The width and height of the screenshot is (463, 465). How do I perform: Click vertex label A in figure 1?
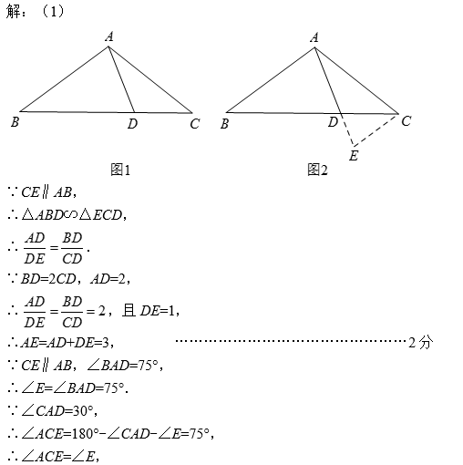[x=109, y=36]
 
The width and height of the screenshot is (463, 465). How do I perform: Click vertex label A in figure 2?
[x=314, y=37]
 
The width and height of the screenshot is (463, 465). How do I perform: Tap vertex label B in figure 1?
[x=15, y=122]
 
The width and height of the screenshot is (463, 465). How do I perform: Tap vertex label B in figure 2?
[x=224, y=124]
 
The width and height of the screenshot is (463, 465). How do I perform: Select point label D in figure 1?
[x=132, y=124]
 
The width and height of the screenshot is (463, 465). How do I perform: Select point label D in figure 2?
[x=333, y=122]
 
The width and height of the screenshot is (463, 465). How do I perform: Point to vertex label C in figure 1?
[x=195, y=124]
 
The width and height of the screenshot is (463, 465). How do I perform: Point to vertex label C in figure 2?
[x=406, y=121]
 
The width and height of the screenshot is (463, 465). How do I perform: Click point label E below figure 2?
[x=354, y=156]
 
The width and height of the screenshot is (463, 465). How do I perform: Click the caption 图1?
[x=120, y=170]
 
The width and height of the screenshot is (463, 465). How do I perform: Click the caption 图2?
[x=317, y=170]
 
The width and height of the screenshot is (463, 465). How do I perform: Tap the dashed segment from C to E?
[x=376, y=130]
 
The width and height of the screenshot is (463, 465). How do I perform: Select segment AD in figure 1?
[x=121, y=79]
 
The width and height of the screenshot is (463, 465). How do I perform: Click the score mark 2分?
[x=421, y=343]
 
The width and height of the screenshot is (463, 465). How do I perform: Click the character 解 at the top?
[x=14, y=12]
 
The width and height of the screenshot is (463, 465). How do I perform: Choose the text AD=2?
[x=108, y=279]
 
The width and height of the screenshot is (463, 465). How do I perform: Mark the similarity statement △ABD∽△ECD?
[x=72, y=215]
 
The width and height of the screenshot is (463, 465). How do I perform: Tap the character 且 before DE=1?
[x=129, y=311]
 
